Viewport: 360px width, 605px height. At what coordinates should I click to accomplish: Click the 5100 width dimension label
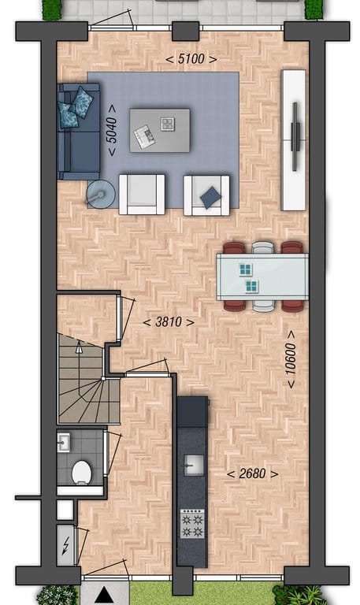pos(191,59)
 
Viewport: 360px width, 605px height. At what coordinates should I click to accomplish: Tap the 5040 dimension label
pos(112,130)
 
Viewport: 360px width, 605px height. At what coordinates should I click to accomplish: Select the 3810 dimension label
pos(169,321)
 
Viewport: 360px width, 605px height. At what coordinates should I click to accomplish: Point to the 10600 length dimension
pos(291,359)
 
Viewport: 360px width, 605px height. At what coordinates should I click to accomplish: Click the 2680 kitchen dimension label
pos(252,473)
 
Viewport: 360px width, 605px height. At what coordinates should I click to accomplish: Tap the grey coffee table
pos(160,131)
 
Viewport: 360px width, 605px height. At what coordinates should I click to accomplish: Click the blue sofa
pos(78,132)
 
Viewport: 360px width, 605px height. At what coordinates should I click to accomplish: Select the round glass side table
pos(100,194)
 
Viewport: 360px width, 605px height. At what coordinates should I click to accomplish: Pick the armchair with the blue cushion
pos(206,195)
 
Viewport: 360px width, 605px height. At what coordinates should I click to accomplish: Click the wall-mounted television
pos(295,136)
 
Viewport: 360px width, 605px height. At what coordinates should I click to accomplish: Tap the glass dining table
pos(262,277)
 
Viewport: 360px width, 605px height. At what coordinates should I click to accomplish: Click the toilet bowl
pos(81,473)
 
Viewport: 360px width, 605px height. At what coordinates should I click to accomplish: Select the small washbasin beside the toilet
pos(64,442)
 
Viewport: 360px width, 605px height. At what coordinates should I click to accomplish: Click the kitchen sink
pos(194,465)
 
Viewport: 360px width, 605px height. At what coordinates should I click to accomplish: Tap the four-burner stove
pos(192,524)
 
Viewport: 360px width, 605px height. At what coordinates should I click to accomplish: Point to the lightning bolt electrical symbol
pos(65,545)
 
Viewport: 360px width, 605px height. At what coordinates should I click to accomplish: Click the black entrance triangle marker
pos(104,595)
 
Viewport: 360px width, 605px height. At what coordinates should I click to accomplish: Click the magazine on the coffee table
pos(144,136)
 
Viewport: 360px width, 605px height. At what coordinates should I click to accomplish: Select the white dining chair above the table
pos(263,247)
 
